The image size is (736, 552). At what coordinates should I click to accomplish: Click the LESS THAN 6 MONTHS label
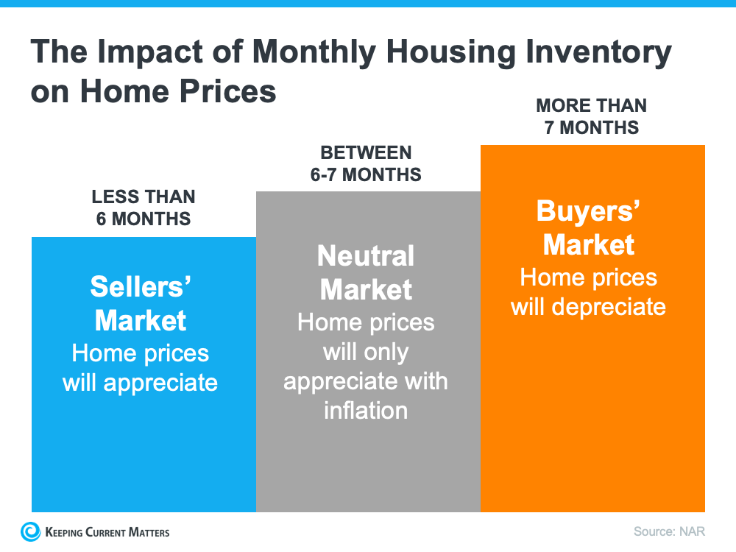pos(144,208)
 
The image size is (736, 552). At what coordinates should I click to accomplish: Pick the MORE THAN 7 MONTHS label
pos(591,116)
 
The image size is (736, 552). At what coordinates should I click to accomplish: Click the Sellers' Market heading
pos(141,303)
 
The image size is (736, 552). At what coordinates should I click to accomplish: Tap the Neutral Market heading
pos(366,272)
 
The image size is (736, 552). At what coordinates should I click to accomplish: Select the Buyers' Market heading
pos(588,227)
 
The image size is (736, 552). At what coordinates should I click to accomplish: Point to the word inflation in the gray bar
pos(366,410)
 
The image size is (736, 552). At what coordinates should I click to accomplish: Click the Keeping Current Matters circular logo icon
pos(31,531)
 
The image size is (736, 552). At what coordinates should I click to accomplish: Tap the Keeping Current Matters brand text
pos(107,532)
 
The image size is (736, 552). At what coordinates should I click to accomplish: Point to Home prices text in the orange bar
pos(588,277)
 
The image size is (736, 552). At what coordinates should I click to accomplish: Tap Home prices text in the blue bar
pos(140,353)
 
